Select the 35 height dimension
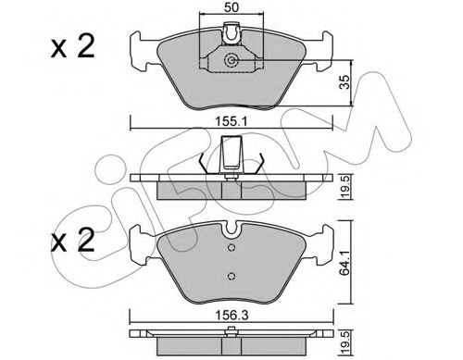point(345,81)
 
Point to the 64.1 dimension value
point(345,271)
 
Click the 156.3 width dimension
point(229,315)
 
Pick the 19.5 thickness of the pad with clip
point(345,188)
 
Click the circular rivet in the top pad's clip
point(231,62)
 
